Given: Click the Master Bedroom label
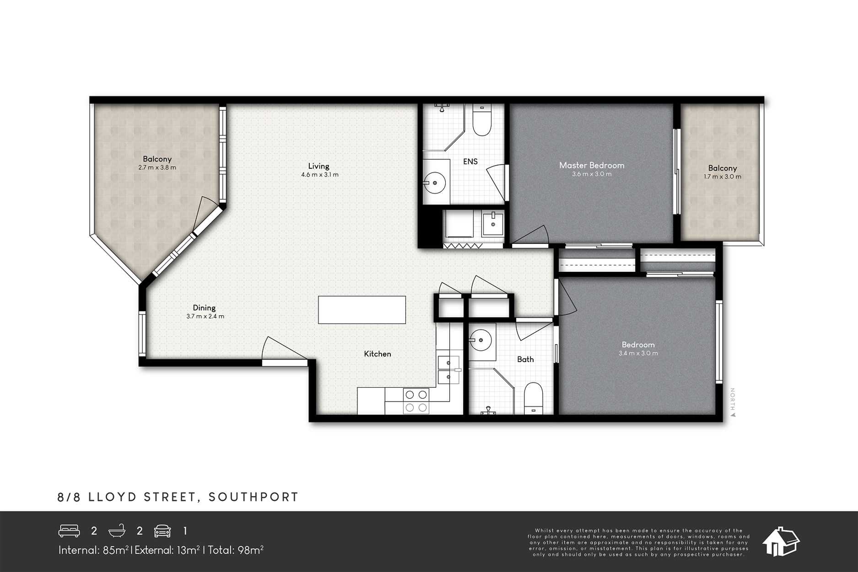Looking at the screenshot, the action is click(592, 165).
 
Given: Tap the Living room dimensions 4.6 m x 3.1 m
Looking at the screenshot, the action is click(320, 174).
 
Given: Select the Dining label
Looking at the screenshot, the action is click(204, 308).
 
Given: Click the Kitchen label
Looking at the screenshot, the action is click(378, 354).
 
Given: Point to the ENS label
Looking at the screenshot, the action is click(470, 162).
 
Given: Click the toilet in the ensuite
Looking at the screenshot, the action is click(482, 120).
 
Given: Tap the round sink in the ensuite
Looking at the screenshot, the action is click(433, 183).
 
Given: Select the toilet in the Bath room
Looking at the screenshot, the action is click(533, 398).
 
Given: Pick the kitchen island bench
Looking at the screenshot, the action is click(362, 310).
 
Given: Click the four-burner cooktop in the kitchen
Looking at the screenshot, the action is click(416, 401).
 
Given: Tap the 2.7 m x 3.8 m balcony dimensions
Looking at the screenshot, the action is click(157, 167).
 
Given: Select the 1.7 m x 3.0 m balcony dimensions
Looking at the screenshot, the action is click(723, 177).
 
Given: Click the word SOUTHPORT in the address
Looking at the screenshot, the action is click(254, 497).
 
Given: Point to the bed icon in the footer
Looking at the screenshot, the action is click(70, 531).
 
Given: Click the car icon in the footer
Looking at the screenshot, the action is click(162, 531).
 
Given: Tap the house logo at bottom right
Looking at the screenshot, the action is click(781, 542).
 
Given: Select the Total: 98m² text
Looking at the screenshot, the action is click(236, 550).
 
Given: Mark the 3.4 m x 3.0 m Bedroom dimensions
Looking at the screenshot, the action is click(638, 353).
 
